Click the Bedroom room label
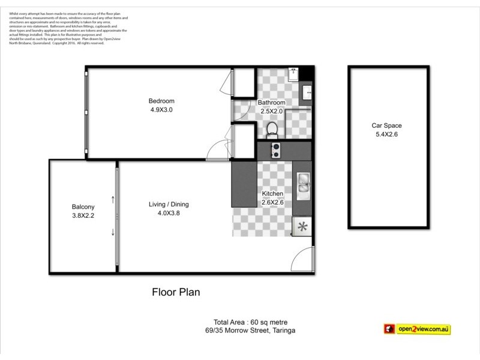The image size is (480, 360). pos(162,101)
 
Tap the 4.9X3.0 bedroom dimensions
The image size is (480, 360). pos(162,110)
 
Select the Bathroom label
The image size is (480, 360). pos(271,103)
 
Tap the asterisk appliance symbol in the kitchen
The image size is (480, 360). pos(302,227)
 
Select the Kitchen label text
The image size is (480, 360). pos(272,194)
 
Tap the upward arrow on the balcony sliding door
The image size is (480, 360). pos(113,198)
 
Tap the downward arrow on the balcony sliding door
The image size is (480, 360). pos(113,233)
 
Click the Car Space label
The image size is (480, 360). pos(386,125)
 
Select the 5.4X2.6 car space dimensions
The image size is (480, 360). pos(386,135)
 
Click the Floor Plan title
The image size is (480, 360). pos(175,293)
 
